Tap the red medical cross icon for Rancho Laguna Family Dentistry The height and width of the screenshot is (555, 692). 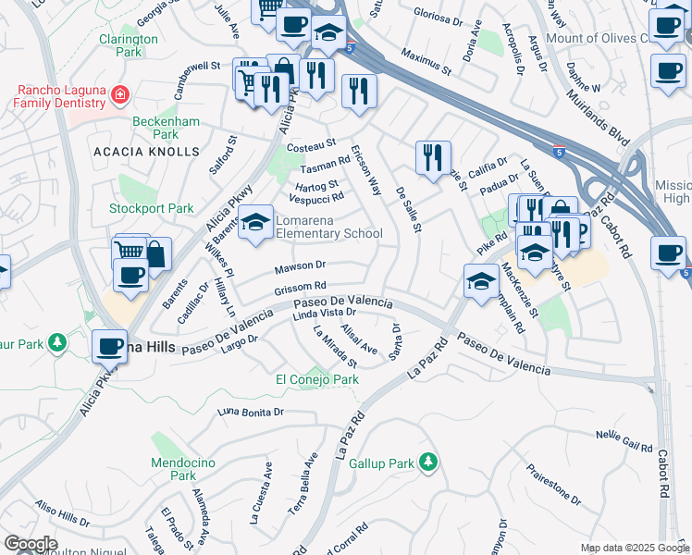118,94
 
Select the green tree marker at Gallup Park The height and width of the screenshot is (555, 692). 426,461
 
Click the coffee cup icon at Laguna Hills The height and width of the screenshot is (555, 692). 109,346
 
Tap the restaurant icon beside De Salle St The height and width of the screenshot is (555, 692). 432,158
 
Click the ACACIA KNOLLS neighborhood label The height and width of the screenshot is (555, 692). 145,151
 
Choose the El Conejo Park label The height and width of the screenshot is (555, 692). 317,379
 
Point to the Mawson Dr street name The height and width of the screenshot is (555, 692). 300,268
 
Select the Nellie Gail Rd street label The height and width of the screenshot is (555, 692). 624,440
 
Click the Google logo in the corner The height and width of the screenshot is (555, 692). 31,544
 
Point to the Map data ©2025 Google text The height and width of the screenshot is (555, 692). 634,548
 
